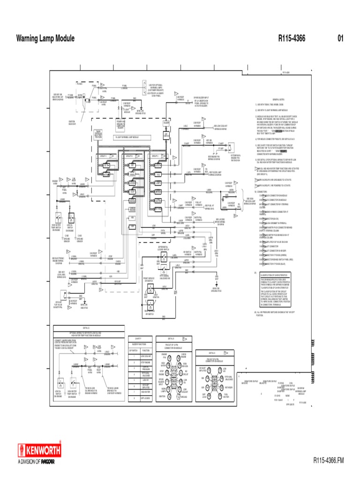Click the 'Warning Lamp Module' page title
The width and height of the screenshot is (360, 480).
(45, 38)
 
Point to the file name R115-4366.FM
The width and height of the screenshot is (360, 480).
(329, 461)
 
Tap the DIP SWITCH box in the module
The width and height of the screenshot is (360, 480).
(166, 135)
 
